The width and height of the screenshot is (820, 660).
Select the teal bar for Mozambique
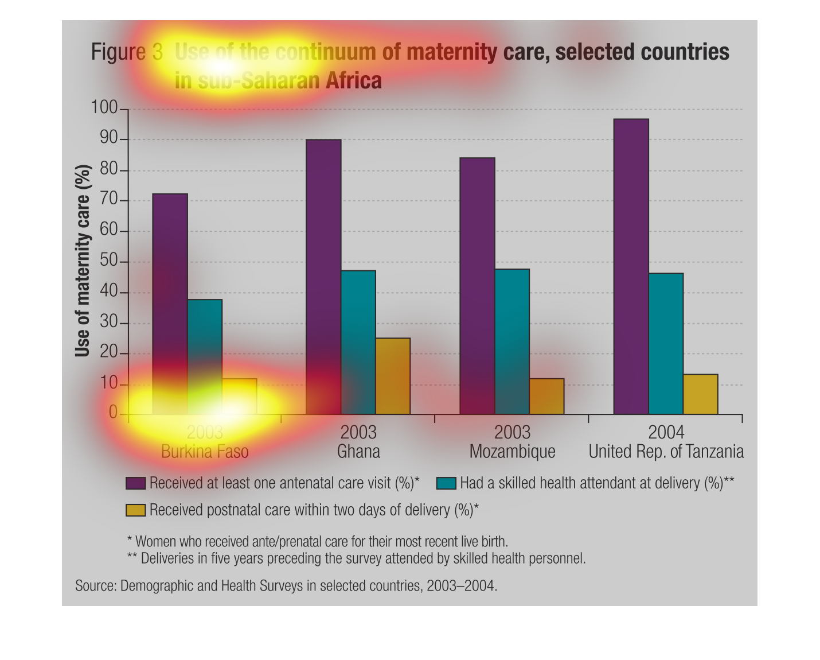tap(512, 341)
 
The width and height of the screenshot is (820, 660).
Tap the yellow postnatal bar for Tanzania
tap(700, 394)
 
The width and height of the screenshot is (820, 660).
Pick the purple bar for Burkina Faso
tap(170, 304)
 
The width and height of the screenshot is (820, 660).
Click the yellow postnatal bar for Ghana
tap(393, 376)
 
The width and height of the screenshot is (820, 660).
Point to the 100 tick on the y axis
tap(103, 108)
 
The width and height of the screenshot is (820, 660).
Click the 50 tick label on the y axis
tap(108, 262)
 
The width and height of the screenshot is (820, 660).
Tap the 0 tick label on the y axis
tap(113, 413)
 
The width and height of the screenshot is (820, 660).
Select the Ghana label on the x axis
tap(358, 452)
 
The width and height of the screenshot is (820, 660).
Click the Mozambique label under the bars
tap(512, 452)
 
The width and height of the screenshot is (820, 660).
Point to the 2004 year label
tap(666, 432)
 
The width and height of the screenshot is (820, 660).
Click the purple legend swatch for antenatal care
tap(136, 483)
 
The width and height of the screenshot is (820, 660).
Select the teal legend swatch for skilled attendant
tap(446, 483)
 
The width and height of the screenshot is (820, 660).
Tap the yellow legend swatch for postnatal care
tap(136, 510)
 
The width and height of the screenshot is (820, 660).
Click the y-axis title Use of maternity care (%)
tap(83, 261)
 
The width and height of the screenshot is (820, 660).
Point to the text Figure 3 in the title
tap(127, 52)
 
